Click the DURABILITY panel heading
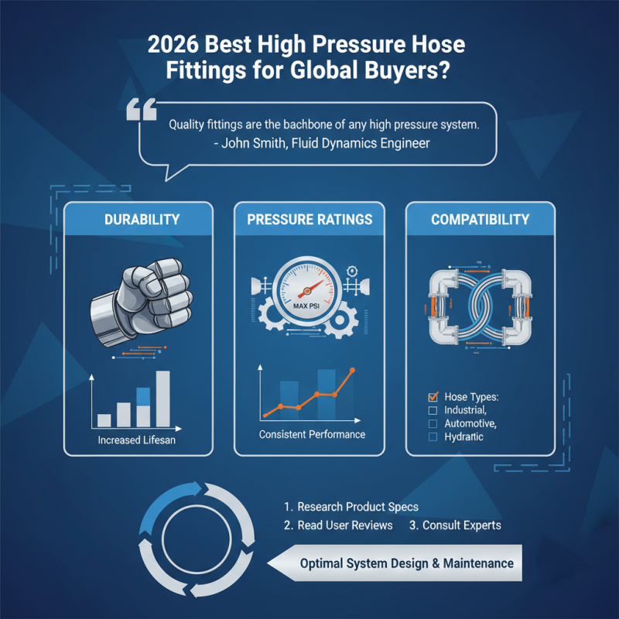click(x=139, y=220)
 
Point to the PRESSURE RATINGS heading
click(x=309, y=220)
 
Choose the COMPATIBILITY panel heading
click(x=480, y=220)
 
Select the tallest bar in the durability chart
click(x=162, y=398)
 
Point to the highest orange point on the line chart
click(x=353, y=371)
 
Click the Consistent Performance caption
click(x=312, y=434)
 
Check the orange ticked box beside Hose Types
click(x=433, y=397)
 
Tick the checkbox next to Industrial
click(x=433, y=410)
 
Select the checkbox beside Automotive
click(x=433, y=424)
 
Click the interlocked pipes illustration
click(x=480, y=304)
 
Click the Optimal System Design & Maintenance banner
click(x=406, y=563)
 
